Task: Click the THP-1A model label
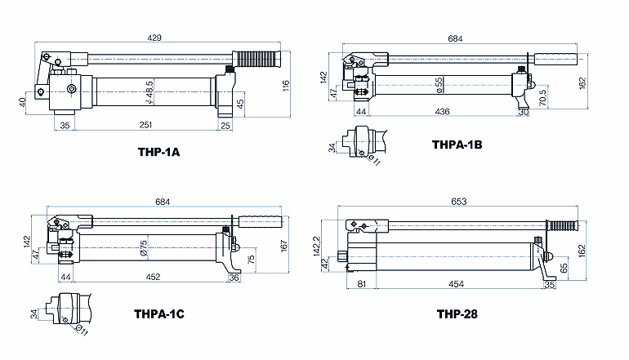(x=158, y=152)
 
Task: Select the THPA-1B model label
(x=457, y=144)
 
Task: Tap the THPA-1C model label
(x=159, y=313)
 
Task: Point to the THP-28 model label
(x=457, y=313)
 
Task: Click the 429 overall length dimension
(x=154, y=38)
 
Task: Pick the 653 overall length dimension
(x=459, y=202)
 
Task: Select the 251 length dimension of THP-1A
(x=145, y=125)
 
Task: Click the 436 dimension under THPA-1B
(x=443, y=112)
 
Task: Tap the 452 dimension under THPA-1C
(x=154, y=277)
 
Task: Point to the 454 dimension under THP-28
(x=456, y=284)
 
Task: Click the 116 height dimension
(x=286, y=86)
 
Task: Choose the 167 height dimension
(x=284, y=246)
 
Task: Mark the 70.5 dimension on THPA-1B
(x=542, y=98)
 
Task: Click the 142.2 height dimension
(x=317, y=246)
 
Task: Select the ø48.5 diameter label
(x=149, y=92)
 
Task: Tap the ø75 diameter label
(x=144, y=247)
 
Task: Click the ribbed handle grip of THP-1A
(x=256, y=59)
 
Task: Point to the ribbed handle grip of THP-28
(x=563, y=225)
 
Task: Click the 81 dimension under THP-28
(x=362, y=284)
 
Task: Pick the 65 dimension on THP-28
(x=564, y=269)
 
